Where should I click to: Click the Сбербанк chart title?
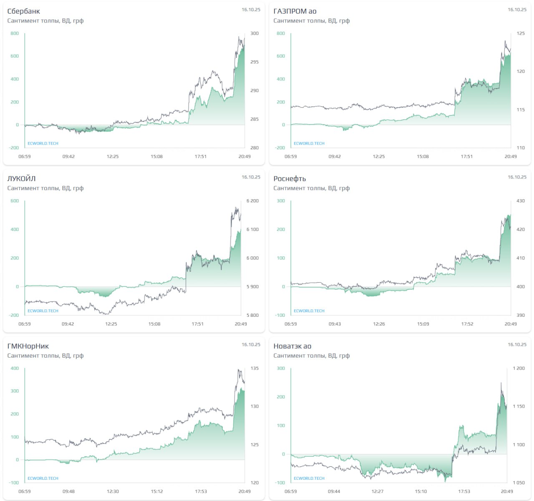pyautogui.click(x=24, y=11)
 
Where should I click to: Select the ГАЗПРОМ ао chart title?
pyautogui.click(x=295, y=11)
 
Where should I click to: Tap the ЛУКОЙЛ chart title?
pyautogui.click(x=21, y=179)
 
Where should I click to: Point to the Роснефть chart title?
pyautogui.click(x=290, y=179)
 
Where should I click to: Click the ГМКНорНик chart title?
pyautogui.click(x=28, y=346)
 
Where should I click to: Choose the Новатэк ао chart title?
pyautogui.click(x=292, y=346)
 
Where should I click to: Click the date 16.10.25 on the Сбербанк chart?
pyautogui.click(x=251, y=10)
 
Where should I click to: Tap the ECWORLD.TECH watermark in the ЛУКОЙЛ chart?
pyautogui.click(x=43, y=311)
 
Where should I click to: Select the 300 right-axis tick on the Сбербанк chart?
pyautogui.click(x=254, y=33)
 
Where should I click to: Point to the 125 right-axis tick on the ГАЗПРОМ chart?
pyautogui.click(x=521, y=33)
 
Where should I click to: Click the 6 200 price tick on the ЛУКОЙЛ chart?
pyautogui.click(x=252, y=201)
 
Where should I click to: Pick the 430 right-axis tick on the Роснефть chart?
pyautogui.click(x=521, y=201)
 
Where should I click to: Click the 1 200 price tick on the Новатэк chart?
pyautogui.click(x=519, y=368)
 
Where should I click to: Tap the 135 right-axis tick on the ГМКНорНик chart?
pyautogui.click(x=254, y=368)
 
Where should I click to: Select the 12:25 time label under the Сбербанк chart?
pyautogui.click(x=113, y=157)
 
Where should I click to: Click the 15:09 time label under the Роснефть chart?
pyautogui.click(x=423, y=324)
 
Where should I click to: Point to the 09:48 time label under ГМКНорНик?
pyautogui.click(x=68, y=491)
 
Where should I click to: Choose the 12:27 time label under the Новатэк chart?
pyautogui.click(x=378, y=491)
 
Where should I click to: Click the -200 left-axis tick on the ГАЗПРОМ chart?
pyautogui.click(x=280, y=148)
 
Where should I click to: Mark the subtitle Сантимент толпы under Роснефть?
pyautogui.click(x=311, y=188)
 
